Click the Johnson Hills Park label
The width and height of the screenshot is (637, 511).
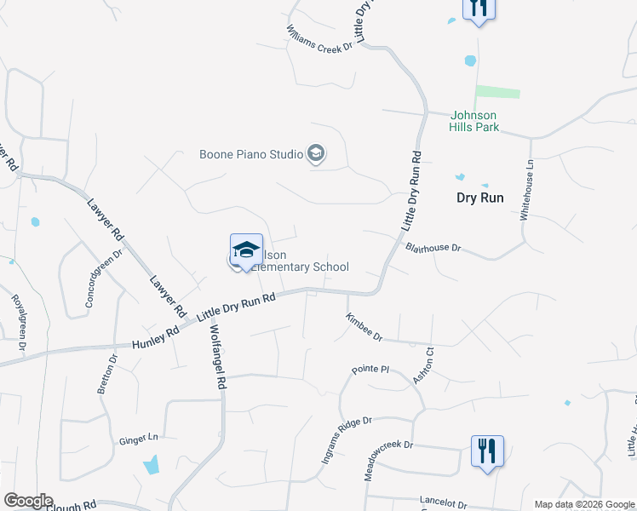click(x=473, y=121)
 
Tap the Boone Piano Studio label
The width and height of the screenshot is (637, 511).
click(x=251, y=154)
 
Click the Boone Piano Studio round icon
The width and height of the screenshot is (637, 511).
click(x=316, y=154)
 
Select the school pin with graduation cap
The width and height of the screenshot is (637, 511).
click(x=246, y=250)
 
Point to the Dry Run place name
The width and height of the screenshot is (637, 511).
click(x=480, y=198)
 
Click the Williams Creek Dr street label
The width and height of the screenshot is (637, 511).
click(x=319, y=38)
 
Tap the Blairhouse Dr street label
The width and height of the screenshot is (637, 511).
click(x=433, y=248)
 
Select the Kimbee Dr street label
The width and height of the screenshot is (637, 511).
click(x=364, y=326)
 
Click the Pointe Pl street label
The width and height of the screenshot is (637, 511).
click(x=370, y=370)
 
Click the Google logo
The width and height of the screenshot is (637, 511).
click(x=27, y=501)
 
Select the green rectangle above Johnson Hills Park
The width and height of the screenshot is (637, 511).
click(x=497, y=92)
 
